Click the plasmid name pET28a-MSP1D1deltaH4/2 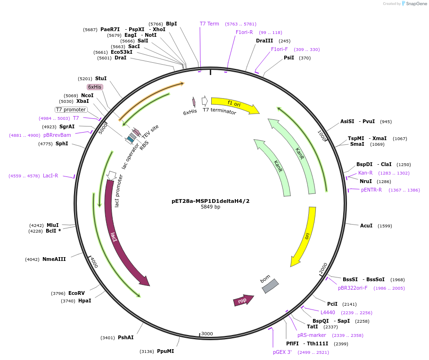click(x=210, y=201)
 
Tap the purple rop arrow click(x=243, y=300)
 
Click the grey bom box click(x=270, y=286)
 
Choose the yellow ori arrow click(x=305, y=236)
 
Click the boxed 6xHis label click(x=94, y=87)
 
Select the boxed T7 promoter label click(x=71, y=109)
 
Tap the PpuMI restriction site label click(x=165, y=351)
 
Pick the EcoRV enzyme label click(x=76, y=293)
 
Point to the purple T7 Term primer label click(x=209, y=24)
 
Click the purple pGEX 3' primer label click(x=282, y=352)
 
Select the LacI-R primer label click(x=50, y=176)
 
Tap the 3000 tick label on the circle click(x=207, y=334)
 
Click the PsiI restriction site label click(x=289, y=58)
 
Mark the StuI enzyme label click(x=101, y=78)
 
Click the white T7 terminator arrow click(x=205, y=100)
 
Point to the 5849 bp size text click(x=210, y=207)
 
